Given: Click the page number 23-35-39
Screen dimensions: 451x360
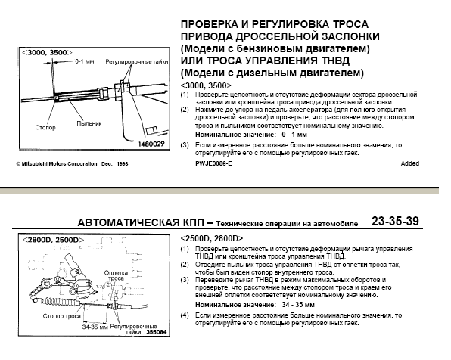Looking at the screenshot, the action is click(395, 221).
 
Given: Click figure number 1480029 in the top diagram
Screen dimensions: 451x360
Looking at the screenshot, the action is click(151, 144).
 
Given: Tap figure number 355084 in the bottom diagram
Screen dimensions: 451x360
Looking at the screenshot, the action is click(156, 331).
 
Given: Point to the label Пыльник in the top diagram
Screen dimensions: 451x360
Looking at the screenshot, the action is click(89, 123).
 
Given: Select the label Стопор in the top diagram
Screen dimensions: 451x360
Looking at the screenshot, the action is click(45, 127).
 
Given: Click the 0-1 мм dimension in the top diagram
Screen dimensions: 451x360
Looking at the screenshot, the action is click(85, 61).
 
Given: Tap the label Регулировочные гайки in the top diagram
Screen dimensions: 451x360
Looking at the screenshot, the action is click(137, 61).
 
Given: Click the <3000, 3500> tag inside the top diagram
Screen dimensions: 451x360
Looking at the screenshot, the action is click(47, 53).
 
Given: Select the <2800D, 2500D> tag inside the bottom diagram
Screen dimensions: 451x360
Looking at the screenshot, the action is click(53, 240).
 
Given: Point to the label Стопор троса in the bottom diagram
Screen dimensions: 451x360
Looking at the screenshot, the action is click(61, 316).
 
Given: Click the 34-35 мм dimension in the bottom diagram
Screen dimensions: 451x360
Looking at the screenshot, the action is click(95, 327).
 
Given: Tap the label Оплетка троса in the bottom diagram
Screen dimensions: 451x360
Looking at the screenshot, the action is click(116, 275).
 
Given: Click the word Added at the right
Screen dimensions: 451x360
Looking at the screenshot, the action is click(410, 163).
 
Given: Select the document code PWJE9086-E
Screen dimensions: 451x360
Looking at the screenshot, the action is click(213, 163).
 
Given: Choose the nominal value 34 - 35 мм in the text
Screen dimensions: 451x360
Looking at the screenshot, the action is click(298, 305).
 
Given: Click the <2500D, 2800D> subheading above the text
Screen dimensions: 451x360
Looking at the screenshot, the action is click(212, 238).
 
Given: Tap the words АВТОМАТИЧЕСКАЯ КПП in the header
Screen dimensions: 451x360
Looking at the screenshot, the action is click(141, 222).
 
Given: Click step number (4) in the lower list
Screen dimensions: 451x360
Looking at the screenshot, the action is click(185, 315).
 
